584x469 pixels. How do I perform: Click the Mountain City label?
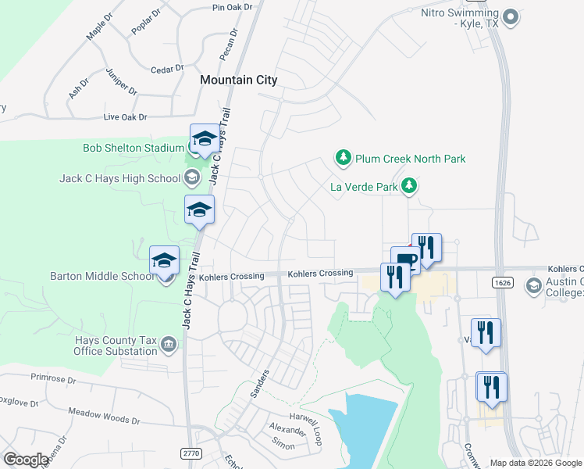click(238, 80)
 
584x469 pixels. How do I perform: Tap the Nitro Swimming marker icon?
click(511, 16)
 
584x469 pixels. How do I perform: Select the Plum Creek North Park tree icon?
click(343, 159)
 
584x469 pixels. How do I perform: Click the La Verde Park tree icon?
click(408, 186)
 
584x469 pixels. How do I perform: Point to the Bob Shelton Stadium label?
click(134, 148)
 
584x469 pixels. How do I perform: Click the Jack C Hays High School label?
click(119, 178)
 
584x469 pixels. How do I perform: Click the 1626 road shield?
click(502, 281)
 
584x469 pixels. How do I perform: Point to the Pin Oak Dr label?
click(233, 7)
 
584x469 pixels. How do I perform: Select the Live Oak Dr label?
click(125, 117)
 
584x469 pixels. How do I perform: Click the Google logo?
click(26, 460)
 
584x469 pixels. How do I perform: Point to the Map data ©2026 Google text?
click(535, 463)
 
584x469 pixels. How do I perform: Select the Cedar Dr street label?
click(166, 69)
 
